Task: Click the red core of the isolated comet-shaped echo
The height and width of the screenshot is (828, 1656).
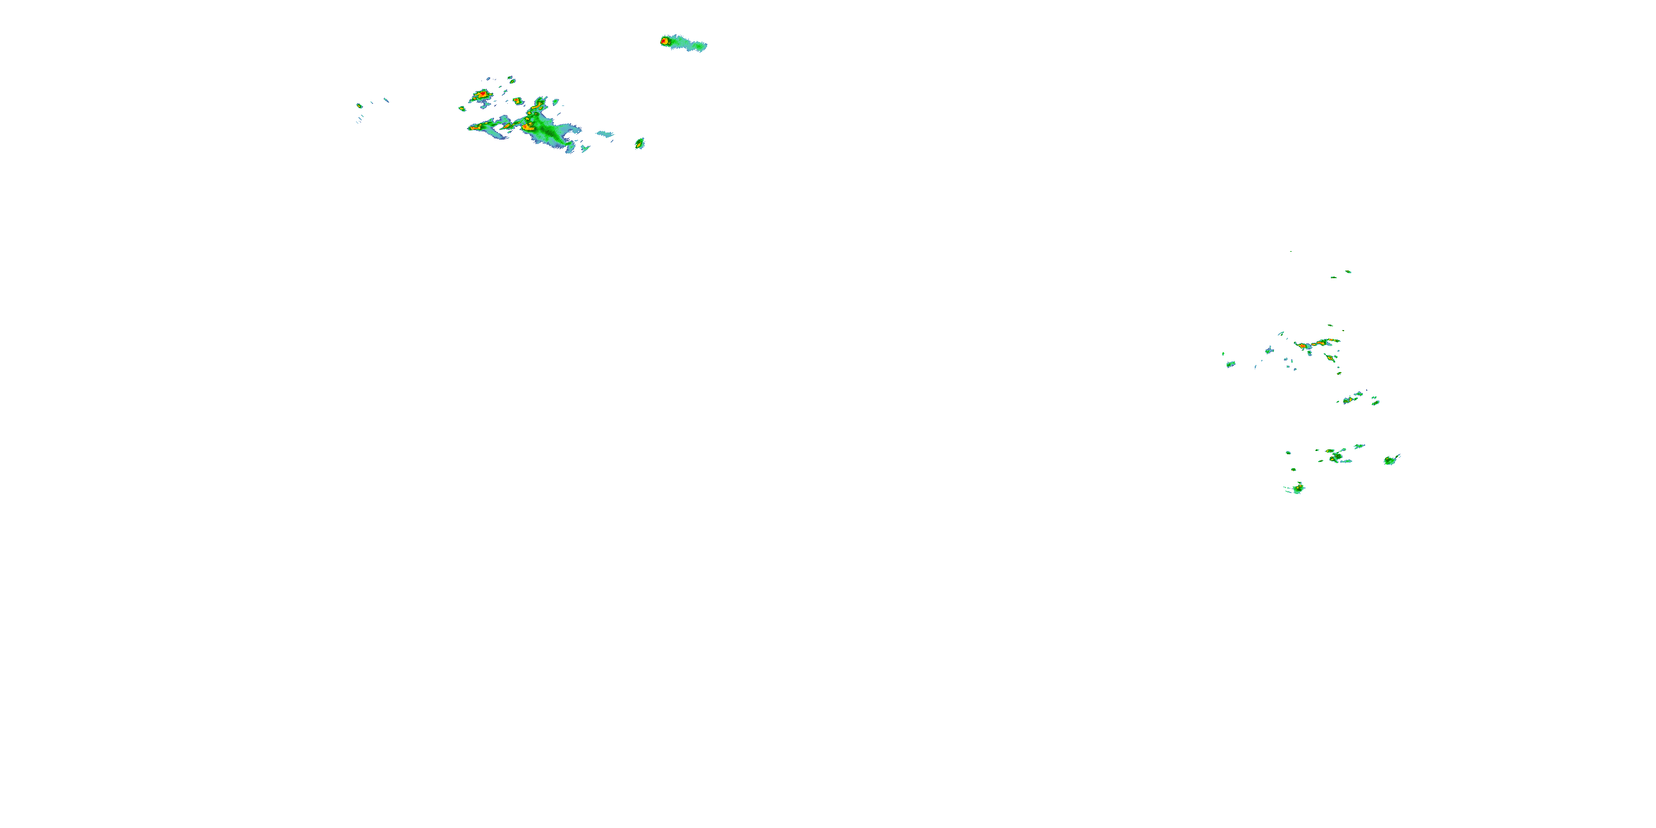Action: coord(664,41)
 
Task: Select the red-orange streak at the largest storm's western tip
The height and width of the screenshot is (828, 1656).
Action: coord(474,128)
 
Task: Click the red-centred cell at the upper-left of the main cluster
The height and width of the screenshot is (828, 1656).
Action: coord(480,95)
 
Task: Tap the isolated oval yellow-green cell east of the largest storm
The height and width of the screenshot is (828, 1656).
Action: coord(640,144)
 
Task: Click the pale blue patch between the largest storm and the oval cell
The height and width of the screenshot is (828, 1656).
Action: coord(604,134)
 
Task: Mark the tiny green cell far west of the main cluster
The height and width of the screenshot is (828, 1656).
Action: coord(359,106)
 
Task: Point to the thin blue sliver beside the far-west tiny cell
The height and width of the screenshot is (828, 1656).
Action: coord(386,100)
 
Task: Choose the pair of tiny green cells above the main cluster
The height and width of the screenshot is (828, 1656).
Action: coord(511,79)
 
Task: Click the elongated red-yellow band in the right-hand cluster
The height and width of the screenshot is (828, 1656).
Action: coord(1315,344)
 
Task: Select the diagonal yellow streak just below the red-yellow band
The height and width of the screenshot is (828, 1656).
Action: coord(1328,358)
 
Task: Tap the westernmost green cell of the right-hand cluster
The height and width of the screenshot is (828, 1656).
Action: coord(1230,364)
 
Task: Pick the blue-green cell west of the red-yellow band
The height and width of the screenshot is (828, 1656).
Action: coord(1270,351)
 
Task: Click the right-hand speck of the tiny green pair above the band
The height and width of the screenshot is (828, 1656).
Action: coord(1348,272)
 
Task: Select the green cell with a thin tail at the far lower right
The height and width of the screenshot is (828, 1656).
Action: coord(1391,460)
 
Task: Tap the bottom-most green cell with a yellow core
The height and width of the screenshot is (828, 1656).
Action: coord(1298,489)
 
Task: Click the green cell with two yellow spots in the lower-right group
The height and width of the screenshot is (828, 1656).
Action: coord(1336,457)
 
